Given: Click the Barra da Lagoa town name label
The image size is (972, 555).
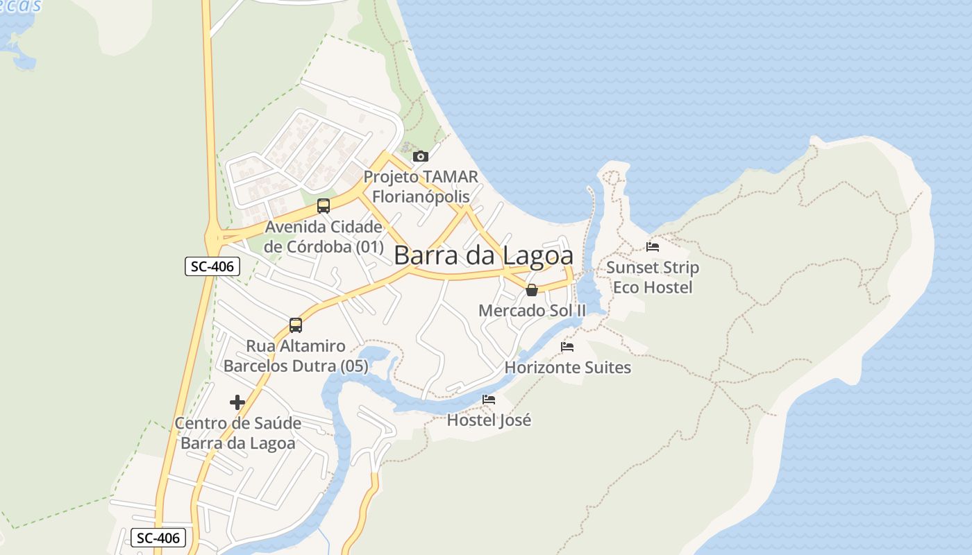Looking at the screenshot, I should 483,255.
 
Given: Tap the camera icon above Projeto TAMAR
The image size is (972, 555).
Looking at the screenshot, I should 420,157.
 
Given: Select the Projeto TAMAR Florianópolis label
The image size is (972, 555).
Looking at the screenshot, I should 421,187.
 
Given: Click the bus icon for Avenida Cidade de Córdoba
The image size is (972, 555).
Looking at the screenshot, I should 324,205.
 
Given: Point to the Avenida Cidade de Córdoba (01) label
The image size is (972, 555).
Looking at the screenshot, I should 324,237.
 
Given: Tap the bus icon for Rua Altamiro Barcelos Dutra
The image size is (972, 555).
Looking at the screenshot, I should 296,325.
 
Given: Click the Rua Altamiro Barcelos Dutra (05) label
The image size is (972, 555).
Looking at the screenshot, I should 296,356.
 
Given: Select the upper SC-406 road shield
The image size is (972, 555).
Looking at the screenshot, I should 212,266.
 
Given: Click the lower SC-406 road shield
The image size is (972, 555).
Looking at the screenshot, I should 158,537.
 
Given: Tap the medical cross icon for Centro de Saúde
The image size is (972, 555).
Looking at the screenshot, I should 237,402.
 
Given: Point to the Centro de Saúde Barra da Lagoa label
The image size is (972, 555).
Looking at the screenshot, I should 238,433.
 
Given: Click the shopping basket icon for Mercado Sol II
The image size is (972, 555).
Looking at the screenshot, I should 531,290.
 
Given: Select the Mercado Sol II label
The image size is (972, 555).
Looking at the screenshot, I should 532,310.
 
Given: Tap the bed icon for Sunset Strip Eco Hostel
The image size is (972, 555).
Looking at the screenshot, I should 652,246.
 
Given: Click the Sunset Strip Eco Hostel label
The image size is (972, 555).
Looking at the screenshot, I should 653,277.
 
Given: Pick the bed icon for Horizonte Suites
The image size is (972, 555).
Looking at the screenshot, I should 567,347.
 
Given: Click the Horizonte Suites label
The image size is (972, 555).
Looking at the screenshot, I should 568,367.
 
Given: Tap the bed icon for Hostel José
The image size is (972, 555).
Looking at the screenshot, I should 489,400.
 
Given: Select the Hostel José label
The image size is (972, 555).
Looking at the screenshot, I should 489,420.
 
